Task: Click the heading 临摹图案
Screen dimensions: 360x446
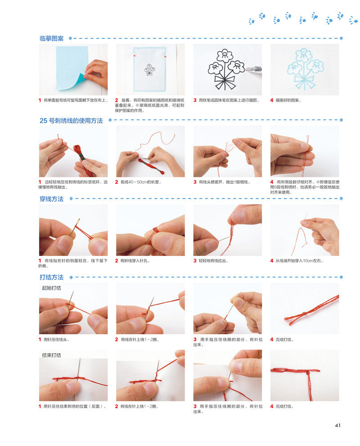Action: click(51, 38)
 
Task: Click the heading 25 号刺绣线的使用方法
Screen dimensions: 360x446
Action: click(71, 121)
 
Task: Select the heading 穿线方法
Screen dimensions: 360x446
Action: click(51, 199)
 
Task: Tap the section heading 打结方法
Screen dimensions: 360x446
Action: click(51, 278)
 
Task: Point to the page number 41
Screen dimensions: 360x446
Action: click(337, 426)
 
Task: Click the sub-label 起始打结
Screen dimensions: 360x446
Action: click(51, 288)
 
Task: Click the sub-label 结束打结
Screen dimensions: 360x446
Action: click(51, 355)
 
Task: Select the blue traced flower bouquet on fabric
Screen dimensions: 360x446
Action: click(305, 69)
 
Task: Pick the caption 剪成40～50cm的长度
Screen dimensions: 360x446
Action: click(141, 182)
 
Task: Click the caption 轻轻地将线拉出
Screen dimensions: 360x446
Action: click(213, 261)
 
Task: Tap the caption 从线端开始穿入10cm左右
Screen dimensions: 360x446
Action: click(300, 261)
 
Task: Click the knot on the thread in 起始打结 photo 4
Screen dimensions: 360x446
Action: click(304, 314)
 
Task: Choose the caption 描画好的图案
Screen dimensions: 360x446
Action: click(288, 100)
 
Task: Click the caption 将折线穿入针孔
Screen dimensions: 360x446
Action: click(135, 261)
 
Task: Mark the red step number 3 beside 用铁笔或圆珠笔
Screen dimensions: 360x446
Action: click(195, 100)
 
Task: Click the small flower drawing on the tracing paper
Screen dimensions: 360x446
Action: click(149, 69)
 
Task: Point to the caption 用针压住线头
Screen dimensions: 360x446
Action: click(57, 340)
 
